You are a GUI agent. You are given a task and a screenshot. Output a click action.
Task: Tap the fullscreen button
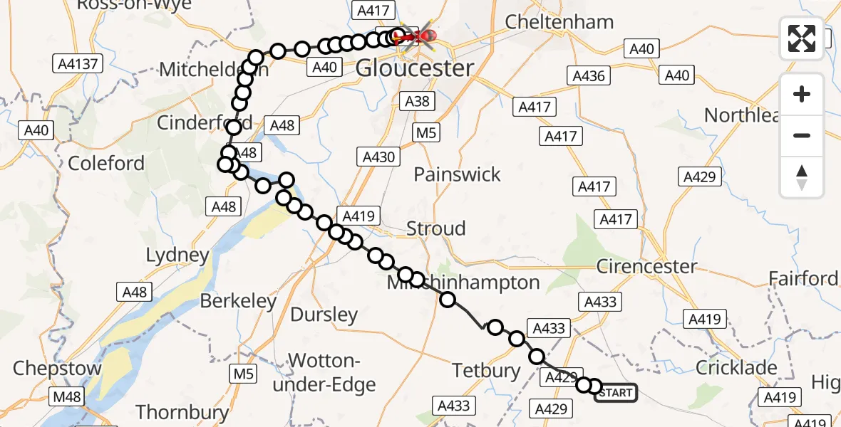(x=802, y=38)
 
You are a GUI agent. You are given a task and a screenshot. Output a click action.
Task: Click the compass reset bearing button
(x=802, y=177)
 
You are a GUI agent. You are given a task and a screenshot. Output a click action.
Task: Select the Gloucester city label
(x=414, y=69)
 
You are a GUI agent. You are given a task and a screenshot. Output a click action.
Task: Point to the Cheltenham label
(x=559, y=22)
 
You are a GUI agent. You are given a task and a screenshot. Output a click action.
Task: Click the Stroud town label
(x=435, y=229)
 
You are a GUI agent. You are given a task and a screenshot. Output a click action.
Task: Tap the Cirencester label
(x=646, y=267)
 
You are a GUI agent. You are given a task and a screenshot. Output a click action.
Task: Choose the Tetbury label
(x=487, y=371)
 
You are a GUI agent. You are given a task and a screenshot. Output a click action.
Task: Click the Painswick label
(x=457, y=174)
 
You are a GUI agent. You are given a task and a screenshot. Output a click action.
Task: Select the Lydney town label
(x=177, y=255)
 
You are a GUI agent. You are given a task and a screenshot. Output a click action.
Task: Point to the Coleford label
(x=106, y=164)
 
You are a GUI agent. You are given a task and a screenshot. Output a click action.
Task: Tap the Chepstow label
(x=56, y=369)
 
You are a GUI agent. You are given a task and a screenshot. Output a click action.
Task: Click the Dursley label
(x=324, y=315)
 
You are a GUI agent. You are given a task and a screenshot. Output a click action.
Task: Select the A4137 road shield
(x=79, y=64)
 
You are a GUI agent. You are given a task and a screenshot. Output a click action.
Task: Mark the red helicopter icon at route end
(x=425, y=34)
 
